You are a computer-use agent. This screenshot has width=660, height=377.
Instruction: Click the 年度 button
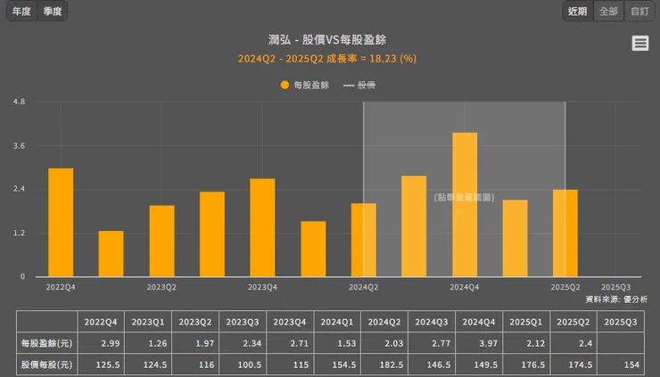[x=21, y=12]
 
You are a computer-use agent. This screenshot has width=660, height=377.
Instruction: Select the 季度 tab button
[x=53, y=12]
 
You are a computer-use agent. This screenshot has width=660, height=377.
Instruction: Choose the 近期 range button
[x=577, y=12]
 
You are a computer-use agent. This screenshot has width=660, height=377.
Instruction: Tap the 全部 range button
[x=608, y=12]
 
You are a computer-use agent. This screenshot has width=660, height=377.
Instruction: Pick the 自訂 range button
[x=639, y=12]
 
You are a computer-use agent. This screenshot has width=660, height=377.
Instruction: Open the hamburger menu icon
[x=639, y=44]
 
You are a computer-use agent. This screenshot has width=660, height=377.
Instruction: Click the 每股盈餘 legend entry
[x=305, y=86]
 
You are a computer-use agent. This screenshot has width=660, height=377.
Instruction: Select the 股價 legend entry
[x=359, y=86]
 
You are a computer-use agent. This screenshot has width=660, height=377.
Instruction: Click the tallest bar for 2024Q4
[x=465, y=205]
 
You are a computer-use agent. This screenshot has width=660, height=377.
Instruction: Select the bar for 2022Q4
[x=61, y=223]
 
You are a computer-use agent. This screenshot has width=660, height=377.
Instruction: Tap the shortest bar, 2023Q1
[x=111, y=254]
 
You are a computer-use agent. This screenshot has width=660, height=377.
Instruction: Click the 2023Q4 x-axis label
[x=262, y=287]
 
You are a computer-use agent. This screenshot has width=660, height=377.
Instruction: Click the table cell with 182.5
[x=384, y=365]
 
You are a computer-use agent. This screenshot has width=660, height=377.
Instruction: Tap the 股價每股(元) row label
[x=46, y=365]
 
